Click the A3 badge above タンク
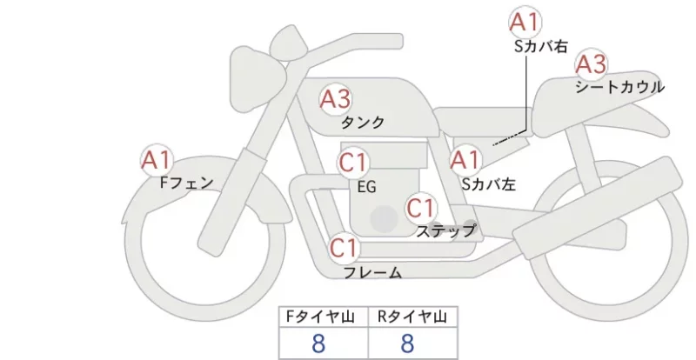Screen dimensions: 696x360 coord(336,99)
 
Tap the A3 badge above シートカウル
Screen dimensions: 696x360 coord(591,64)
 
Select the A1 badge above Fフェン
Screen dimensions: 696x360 coord(157,160)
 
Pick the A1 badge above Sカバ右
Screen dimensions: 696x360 coord(525,22)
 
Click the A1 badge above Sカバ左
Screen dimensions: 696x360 coord(465,160)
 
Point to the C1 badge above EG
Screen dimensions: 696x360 coord(353,163)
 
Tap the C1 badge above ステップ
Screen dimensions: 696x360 coord(421,208)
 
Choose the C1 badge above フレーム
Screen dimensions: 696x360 coord(344,248)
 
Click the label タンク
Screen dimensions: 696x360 coord(363,122)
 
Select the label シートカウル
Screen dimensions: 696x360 coord(620,87)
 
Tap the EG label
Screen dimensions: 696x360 coord(366,187)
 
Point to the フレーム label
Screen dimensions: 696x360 coord(373,272)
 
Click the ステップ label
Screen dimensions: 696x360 coord(445,231)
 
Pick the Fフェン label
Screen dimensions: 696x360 coord(186,183)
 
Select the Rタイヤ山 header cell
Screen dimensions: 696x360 coord(412,317)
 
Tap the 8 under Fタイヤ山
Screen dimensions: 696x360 coord(318,343)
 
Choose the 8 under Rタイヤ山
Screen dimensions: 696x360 coord(407,343)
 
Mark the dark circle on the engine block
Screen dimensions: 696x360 coord(385,219)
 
